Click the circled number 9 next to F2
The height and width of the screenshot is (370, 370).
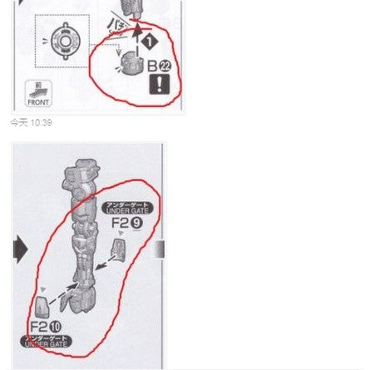(x=138, y=222)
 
